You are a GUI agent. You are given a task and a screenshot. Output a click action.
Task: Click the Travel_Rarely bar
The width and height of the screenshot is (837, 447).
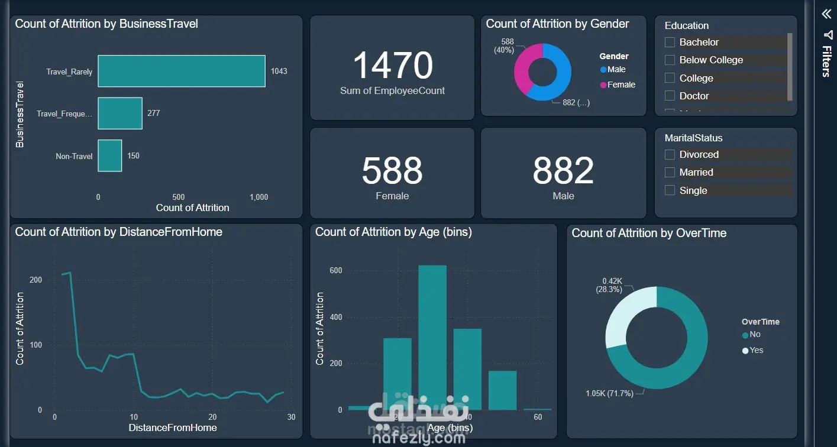(181, 71)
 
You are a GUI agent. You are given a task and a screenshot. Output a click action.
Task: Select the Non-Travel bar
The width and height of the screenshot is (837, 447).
(109, 156)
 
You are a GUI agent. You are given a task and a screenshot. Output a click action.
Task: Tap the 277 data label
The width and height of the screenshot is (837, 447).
(154, 113)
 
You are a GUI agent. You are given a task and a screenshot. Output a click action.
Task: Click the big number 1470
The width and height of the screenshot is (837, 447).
(393, 65)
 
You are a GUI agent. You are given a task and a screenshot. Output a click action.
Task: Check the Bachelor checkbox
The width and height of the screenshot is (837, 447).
(670, 43)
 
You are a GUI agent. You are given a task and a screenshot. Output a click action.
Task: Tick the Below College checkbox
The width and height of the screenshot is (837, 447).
(670, 60)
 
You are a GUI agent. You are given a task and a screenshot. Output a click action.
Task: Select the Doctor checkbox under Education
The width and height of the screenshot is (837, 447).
(670, 96)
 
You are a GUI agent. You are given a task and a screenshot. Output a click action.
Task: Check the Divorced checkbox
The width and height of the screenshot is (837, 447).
(670, 155)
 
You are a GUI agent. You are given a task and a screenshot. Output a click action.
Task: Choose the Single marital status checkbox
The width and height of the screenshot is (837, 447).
(670, 190)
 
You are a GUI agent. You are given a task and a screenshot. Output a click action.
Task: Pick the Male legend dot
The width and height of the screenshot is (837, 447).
(603, 70)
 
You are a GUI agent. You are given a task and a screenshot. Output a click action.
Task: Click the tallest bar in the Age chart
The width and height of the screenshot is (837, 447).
(432, 337)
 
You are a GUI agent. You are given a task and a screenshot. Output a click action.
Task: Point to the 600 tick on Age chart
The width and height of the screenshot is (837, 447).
(336, 271)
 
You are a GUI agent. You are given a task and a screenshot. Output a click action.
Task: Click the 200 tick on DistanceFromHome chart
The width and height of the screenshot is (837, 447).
(35, 280)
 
